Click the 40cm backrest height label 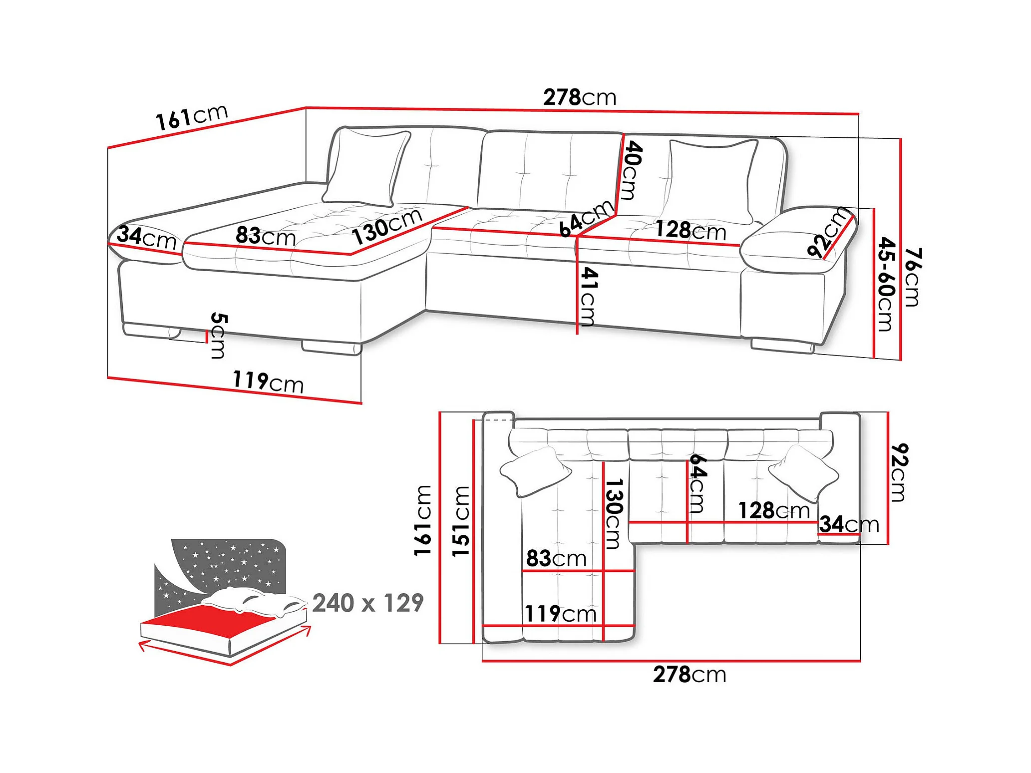632,170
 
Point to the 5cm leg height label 218,336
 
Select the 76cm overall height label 913,277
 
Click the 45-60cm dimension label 886,284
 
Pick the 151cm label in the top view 461,521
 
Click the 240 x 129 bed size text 368,603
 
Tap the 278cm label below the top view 689,675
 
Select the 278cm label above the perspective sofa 580,97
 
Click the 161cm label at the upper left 192,117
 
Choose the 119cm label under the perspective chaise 268,382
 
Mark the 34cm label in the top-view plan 849,524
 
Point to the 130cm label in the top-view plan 613,514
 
